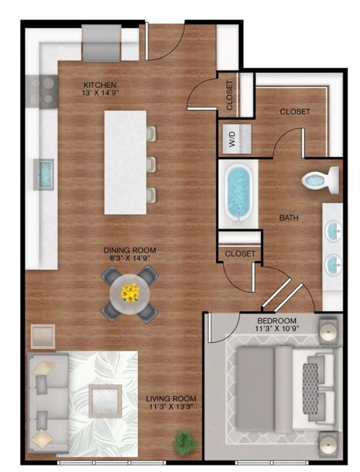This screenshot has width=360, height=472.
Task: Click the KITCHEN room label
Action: coord(100,84)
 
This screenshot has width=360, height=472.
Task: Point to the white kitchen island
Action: coord(125,162)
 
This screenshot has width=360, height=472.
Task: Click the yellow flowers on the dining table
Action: coord(130,293)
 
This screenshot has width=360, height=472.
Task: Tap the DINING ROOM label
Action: coord(129,250)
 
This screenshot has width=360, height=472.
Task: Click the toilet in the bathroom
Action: coord(321,179)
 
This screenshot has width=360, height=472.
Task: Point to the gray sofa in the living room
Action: coord(44,403)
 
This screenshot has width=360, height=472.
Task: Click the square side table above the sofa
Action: coord(43,336)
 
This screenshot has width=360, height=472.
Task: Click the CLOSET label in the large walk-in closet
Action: coord(295,112)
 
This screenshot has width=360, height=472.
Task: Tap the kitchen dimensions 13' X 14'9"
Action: coord(100,94)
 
